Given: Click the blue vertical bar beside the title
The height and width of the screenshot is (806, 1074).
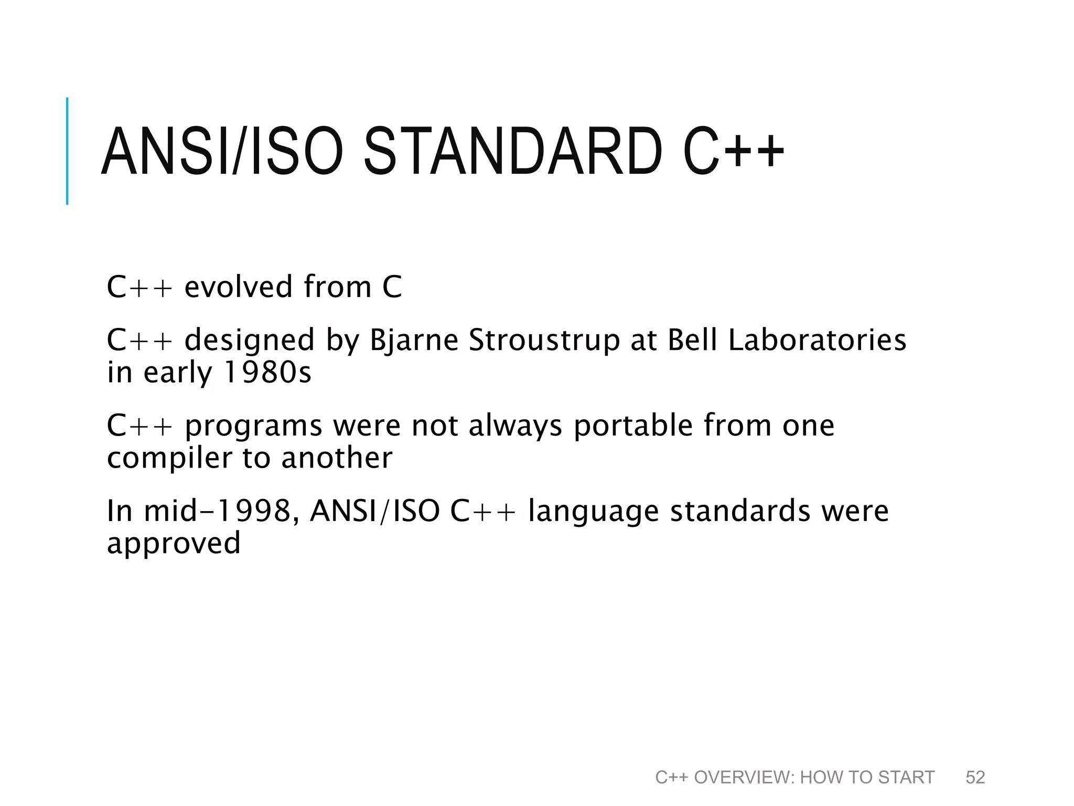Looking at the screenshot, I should (x=67, y=151).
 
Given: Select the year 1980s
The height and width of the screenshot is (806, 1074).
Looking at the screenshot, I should (x=267, y=372).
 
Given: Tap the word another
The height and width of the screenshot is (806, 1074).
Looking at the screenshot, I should (x=337, y=458).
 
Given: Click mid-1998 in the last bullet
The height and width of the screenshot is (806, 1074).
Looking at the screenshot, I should (x=217, y=511).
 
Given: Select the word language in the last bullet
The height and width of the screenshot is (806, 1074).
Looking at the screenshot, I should (x=593, y=512).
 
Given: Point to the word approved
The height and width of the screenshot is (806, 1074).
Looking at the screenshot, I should (x=174, y=544).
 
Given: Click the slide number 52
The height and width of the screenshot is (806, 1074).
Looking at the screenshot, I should (x=975, y=777).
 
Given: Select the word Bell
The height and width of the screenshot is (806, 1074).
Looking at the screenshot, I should (x=692, y=340).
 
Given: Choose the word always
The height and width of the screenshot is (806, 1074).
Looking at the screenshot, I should (x=515, y=426).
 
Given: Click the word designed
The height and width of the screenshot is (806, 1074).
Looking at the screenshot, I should (x=250, y=340).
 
